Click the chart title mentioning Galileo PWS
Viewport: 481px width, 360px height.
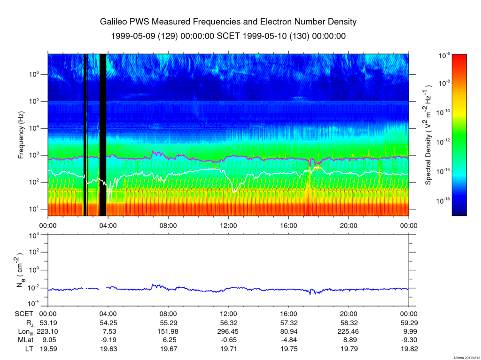click(228, 22)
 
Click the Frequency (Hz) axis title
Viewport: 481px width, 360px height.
click(21, 135)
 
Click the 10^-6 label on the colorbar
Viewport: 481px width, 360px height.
click(444, 55)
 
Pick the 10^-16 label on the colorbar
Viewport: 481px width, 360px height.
click(443, 201)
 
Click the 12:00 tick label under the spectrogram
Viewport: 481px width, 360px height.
click(229, 226)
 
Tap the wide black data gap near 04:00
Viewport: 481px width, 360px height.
click(103, 135)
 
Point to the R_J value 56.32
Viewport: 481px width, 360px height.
click(229, 323)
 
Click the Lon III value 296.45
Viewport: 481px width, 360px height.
click(229, 331)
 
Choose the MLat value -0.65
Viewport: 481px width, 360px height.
click(229, 340)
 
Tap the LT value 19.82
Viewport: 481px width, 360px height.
click(409, 349)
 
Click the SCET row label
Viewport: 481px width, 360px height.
click(24, 314)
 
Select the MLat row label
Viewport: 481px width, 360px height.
click(25, 340)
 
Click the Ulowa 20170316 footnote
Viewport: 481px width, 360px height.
click(466, 358)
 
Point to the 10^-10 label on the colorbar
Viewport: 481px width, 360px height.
click(443, 113)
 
